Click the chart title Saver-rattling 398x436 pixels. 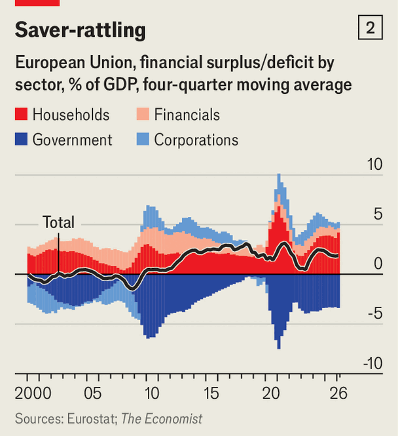click(81, 30)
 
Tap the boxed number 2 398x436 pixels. click(371, 28)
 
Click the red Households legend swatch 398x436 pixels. click(21, 114)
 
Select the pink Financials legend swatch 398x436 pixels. click(143, 114)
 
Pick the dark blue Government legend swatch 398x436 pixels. click(21, 139)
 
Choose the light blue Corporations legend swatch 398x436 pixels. click(143, 139)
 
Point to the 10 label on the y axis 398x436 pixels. click(374, 164)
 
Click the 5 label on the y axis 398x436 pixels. click(378, 214)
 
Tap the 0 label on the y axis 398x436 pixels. click(378, 264)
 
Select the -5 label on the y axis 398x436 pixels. click(375, 313)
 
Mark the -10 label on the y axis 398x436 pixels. click(373, 363)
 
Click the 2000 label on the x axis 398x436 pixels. click(33, 393)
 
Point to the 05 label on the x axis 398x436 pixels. click(93, 393)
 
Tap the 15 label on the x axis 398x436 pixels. click(211, 393)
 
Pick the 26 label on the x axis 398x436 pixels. click(338, 393)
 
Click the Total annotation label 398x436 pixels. click(58, 222)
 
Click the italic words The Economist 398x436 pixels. click(162, 419)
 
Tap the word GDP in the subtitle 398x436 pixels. click(121, 85)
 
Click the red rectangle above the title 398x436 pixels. click(37, 3)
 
